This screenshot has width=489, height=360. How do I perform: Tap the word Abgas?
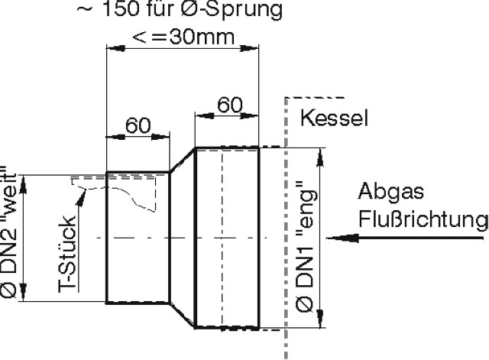[x=386, y=193]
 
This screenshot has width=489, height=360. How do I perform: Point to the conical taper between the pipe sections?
[x=182, y=238]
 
